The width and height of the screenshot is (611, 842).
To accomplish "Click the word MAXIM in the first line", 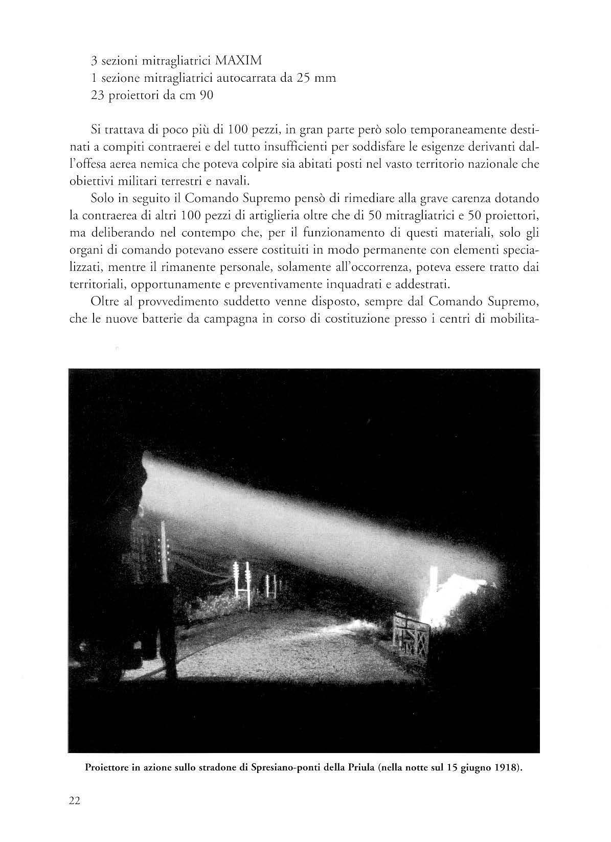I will coord(239,61).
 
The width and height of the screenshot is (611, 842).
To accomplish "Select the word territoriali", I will coord(97,282).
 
